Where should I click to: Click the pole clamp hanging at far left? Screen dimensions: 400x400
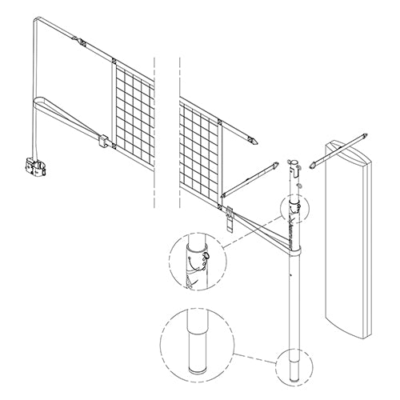coord(34,167)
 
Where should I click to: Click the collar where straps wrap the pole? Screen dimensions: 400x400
coord(294,249)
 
